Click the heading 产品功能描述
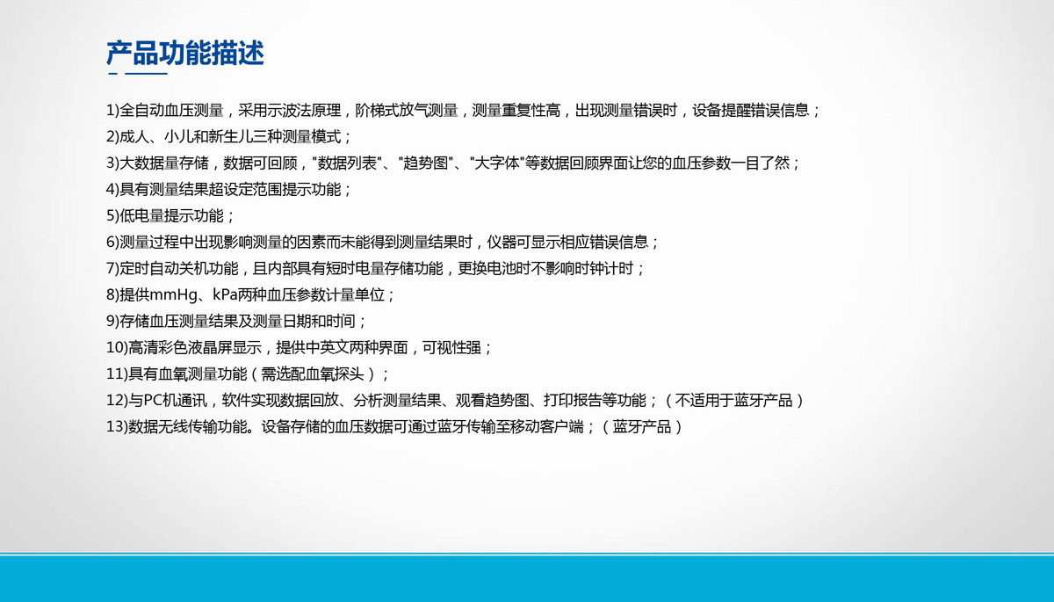[x=185, y=53]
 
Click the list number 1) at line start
[x=113, y=110]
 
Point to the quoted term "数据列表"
[x=346, y=163]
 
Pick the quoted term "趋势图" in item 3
[x=425, y=163]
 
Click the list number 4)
[x=113, y=189]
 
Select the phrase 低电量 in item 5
[x=142, y=215]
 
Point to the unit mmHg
[x=174, y=294]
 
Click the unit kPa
[x=225, y=294]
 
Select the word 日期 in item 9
[x=297, y=321]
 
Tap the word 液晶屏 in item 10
[x=209, y=347]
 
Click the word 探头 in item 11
[x=350, y=374]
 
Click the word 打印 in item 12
[x=558, y=400]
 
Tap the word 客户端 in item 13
[x=562, y=426]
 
